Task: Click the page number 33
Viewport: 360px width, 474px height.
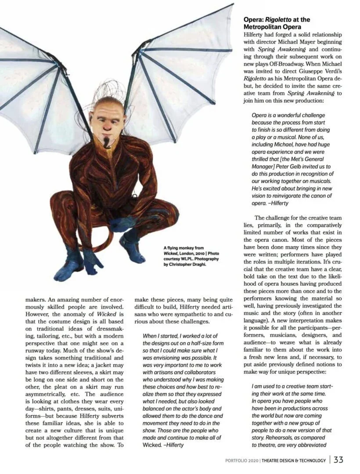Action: click(x=338, y=460)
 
